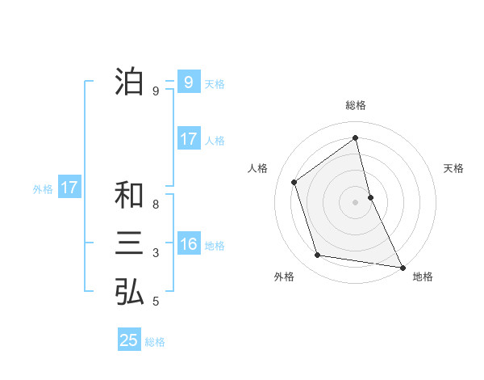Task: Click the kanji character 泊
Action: (129, 82)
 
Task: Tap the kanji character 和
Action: (129, 195)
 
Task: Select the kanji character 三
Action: (129, 243)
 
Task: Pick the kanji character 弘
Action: (129, 292)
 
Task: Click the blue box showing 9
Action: (188, 82)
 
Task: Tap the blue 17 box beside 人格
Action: (188, 139)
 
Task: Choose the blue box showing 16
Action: (188, 244)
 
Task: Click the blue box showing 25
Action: (129, 340)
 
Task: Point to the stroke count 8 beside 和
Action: (156, 205)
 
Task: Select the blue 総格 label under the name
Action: (155, 342)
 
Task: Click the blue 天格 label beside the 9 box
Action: (215, 84)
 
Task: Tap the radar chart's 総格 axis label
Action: (356, 106)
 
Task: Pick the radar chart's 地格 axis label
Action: (423, 277)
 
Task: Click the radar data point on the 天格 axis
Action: (370, 196)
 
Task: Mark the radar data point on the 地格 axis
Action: (403, 266)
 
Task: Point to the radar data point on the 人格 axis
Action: (294, 182)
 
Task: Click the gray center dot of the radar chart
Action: (356, 201)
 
